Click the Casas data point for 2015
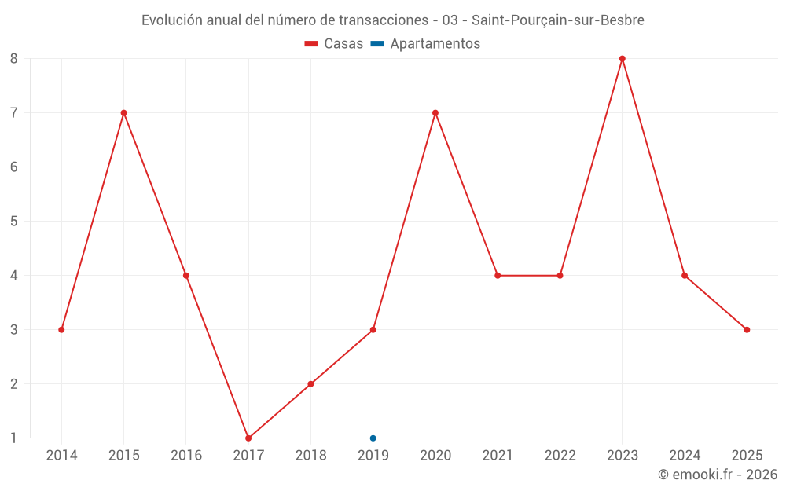pos(123,112)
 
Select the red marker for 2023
pos(622,58)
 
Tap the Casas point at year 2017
pos(248,438)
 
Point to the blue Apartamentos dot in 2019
pos(373,438)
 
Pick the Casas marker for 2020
pos(435,112)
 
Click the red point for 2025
pos(747,330)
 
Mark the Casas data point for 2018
pos(310,384)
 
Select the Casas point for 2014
pos(61,330)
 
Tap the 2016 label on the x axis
pos(186,456)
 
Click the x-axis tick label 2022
pos(560,456)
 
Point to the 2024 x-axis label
pos(685,456)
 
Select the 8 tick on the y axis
pos(14,58)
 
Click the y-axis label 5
pos(14,221)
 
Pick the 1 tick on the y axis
pos(14,438)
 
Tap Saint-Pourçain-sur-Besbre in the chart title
pos(557,20)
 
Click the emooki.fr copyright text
pos(718,475)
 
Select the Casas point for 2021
pos(498,276)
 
